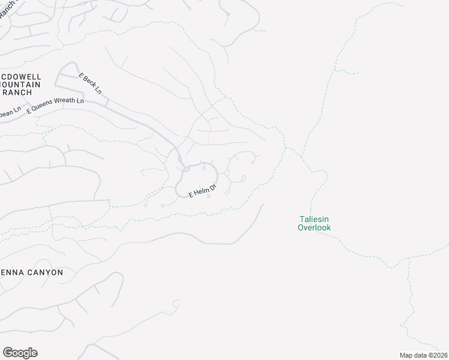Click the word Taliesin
tap(314, 220)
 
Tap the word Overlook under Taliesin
tap(314, 228)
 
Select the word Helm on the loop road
tap(201, 192)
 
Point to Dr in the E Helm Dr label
tap(212, 188)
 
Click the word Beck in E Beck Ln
tap(89, 82)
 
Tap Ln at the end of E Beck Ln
tap(98, 90)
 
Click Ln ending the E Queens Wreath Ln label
tap(80, 100)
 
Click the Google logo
tap(20, 353)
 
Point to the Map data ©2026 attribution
tap(424, 355)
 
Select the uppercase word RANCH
tap(16, 92)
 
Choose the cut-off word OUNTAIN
tap(20, 85)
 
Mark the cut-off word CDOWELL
tap(20, 77)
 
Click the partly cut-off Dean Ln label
tap(10, 112)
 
